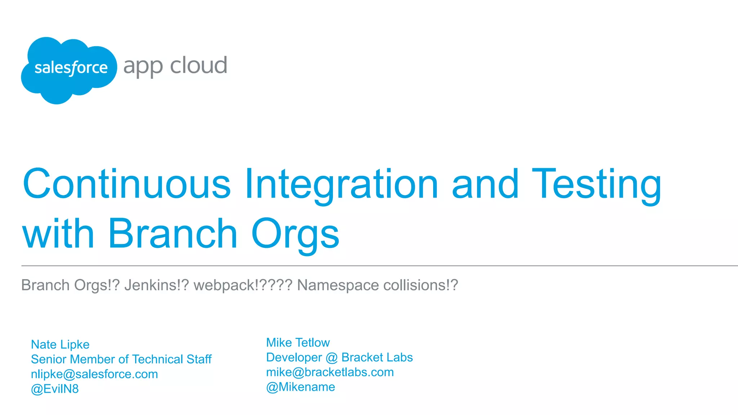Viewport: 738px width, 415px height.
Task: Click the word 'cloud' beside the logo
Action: [x=199, y=66]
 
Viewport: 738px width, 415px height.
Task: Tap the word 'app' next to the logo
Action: [x=143, y=67]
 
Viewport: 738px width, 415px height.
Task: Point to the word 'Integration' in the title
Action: [x=341, y=184]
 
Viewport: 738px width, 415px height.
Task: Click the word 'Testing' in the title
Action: [x=596, y=184]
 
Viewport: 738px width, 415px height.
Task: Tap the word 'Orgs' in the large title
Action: [x=295, y=234]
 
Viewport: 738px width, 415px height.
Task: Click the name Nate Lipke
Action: [x=60, y=345]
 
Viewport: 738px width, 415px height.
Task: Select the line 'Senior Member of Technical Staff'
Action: [x=121, y=359]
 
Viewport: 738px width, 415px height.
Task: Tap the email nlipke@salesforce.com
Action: [x=94, y=374]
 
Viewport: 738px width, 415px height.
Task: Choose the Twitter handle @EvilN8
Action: [x=55, y=389]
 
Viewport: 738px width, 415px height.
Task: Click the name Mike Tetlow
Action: [x=298, y=343]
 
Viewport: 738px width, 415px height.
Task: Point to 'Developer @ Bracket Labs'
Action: [x=339, y=357]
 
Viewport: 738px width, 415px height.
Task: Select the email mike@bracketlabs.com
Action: [x=330, y=372]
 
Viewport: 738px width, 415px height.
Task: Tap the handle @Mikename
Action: [x=301, y=387]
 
